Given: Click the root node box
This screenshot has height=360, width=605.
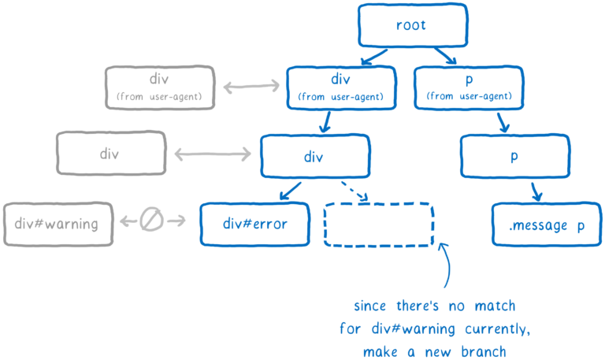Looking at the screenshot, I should [x=410, y=25].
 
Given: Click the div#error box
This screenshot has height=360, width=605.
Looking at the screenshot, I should [x=254, y=224].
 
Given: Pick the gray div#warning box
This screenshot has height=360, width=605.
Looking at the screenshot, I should [x=57, y=224].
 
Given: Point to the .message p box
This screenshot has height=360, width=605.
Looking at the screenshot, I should [x=547, y=225].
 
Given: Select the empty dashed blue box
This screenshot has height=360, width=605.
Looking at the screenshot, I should [x=378, y=225].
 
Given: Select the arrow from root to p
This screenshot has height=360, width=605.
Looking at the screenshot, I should [x=445, y=57].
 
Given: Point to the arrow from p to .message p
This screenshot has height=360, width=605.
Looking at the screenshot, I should [x=535, y=190].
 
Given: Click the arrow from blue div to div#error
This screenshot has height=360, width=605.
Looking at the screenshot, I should [x=290, y=190].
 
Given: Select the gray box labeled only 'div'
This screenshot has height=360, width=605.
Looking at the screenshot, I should [x=111, y=154].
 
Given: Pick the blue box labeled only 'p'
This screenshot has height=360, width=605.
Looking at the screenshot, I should [x=514, y=155].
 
